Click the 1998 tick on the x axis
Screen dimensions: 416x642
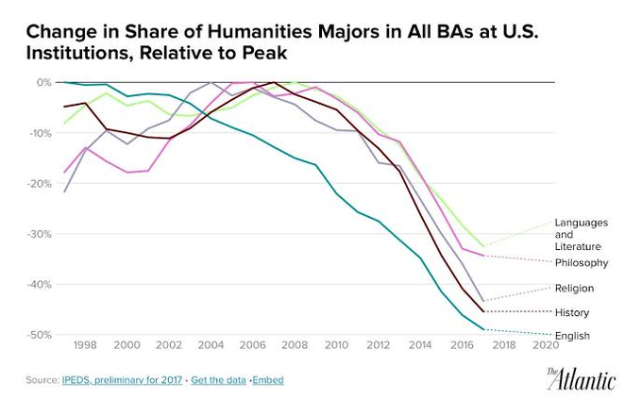[84, 345]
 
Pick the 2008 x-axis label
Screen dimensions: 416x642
[295, 345]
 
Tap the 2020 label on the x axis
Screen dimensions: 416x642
[547, 345]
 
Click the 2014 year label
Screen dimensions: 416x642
[421, 345]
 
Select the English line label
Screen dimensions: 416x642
[572, 336]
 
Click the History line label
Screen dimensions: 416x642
[572, 312]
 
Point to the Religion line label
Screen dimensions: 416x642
[574, 288]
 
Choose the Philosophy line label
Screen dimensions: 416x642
[581, 262]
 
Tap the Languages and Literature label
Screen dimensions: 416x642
[581, 234]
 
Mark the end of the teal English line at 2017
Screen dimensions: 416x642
[483, 329]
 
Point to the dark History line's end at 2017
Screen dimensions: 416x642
[483, 311]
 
